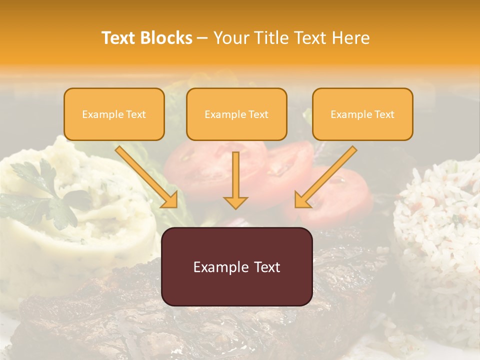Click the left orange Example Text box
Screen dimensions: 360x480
click(114, 114)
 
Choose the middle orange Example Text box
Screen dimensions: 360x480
click(236, 114)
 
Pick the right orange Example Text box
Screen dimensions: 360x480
click(362, 114)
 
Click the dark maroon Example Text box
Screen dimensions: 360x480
click(236, 267)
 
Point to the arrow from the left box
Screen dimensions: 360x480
click(147, 177)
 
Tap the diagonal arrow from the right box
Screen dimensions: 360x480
click(325, 177)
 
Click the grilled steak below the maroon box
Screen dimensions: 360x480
click(200, 330)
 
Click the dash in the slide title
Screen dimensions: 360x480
click(202, 38)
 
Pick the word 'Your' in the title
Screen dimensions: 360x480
click(228, 38)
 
